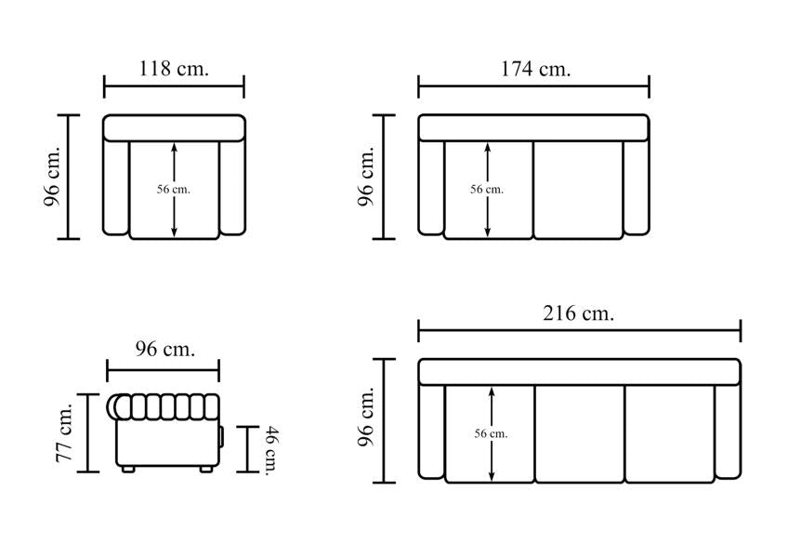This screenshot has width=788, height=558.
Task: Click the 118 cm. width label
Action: point(174,68)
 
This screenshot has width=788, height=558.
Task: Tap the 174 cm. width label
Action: point(536,68)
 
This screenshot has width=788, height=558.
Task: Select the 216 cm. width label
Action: point(578,313)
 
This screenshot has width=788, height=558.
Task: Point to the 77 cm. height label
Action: point(65,432)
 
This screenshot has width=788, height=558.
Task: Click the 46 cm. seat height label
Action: point(271,450)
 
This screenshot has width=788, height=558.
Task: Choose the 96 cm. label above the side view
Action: point(164,348)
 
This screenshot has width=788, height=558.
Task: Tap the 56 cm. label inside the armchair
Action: point(174,189)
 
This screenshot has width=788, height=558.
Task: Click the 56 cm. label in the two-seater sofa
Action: point(487,189)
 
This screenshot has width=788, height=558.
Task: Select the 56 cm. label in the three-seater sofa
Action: point(491,433)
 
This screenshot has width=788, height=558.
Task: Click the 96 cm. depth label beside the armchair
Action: point(52,177)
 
